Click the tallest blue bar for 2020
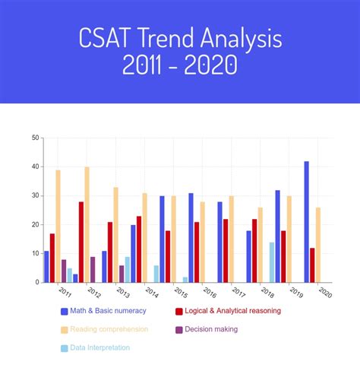click(x=307, y=221)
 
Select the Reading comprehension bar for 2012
click(x=87, y=224)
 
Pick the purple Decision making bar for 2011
click(x=64, y=271)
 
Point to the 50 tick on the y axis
click(x=36, y=138)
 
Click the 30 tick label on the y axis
click(x=36, y=195)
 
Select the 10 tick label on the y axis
click(x=36, y=253)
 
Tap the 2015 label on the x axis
click(x=180, y=292)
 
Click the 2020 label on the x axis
click(x=325, y=292)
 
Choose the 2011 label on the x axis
click(x=65, y=292)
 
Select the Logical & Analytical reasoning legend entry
click(x=227, y=311)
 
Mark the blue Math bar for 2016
click(x=191, y=237)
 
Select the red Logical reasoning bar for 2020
click(x=312, y=265)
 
